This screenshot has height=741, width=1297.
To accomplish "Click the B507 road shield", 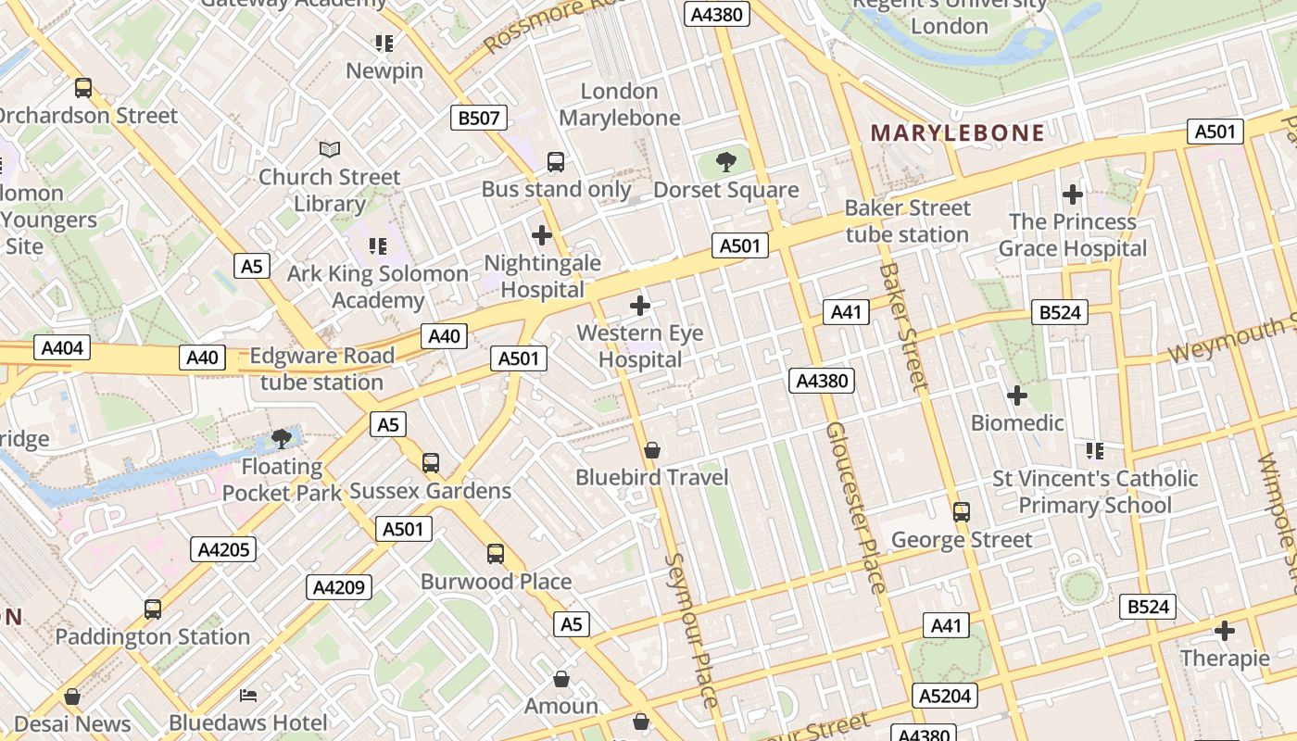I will tap(479, 118).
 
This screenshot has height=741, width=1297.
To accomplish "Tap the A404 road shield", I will tap(63, 348).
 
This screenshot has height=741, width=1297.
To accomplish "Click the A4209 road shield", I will tap(340, 586).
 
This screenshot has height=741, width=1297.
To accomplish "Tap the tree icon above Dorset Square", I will tap(726, 163).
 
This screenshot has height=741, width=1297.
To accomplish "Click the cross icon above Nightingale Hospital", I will tap(542, 235).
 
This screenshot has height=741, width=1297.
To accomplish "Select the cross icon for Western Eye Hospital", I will tap(639, 305).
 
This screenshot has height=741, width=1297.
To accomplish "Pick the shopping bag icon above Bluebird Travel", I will tap(652, 450).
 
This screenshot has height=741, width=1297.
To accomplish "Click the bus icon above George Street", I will tap(962, 511).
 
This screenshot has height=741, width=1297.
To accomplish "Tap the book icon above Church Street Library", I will tap(330, 148).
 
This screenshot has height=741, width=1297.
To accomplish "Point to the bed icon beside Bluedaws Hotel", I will tap(248, 695).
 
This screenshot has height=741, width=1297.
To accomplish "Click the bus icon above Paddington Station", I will tap(153, 609).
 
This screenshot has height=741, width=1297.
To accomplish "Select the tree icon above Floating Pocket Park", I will tap(282, 439).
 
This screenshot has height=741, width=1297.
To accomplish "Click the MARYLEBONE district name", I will tap(958, 132).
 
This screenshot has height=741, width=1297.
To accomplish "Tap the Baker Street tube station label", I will tap(907, 221).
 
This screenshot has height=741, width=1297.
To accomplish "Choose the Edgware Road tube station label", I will tap(321, 369).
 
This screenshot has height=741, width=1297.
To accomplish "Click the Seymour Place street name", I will tap(690, 630).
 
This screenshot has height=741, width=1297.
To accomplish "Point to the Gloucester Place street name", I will tap(856, 508).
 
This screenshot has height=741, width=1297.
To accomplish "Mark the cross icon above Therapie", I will tap(1225, 632).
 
